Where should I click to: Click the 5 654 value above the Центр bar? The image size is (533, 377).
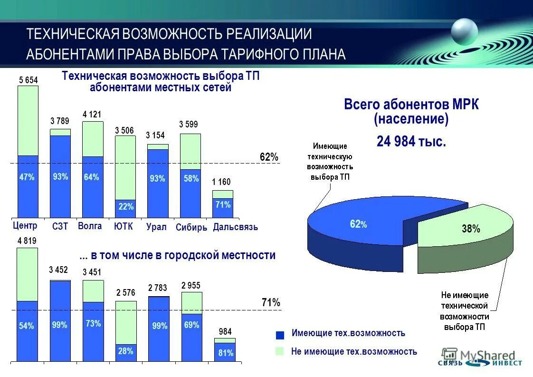(28, 80)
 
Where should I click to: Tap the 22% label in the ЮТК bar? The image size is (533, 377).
(126, 207)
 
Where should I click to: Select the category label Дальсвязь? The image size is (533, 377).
(235, 227)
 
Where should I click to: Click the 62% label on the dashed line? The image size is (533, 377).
(269, 157)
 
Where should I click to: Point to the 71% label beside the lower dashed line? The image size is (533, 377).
(271, 302)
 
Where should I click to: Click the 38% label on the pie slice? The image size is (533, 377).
(471, 229)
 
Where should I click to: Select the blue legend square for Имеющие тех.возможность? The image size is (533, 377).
(280, 335)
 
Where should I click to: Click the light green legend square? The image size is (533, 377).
(280, 351)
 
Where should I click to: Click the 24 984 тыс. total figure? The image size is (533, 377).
(411, 141)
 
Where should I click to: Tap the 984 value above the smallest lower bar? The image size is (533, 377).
(225, 331)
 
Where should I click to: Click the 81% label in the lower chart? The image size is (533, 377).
(225, 353)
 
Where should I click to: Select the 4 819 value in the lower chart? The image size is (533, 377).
(27, 241)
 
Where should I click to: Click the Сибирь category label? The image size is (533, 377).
(191, 228)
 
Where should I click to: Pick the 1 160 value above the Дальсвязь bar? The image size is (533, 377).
(221, 182)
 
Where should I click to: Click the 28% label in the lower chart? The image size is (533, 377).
(126, 351)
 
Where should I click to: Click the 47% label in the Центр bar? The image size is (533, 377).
(27, 177)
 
